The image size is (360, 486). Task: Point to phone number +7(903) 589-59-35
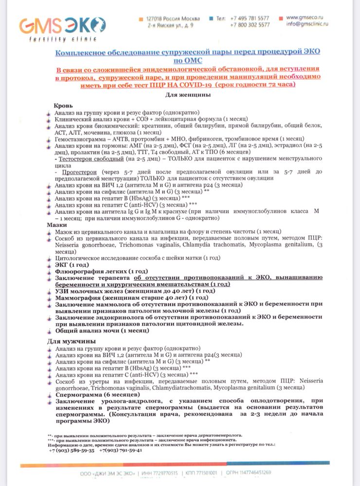(72, 450)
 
